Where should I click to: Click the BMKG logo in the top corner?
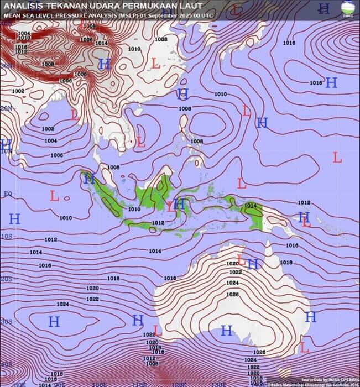click(347, 8)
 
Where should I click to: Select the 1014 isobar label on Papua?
click(250, 206)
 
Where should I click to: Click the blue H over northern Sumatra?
click(89, 179)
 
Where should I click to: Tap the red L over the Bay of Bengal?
click(75, 115)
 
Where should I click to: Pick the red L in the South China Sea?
click(141, 142)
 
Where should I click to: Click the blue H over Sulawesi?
click(179, 204)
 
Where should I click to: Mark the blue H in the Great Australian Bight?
click(226, 331)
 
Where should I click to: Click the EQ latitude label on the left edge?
click(8, 194)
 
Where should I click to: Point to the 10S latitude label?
click(6, 236)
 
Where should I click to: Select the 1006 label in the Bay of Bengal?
click(56, 155)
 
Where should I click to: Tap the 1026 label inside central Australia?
click(233, 294)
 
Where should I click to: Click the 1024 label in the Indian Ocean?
click(62, 304)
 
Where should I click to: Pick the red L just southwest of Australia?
click(158, 331)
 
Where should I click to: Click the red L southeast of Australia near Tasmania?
click(304, 348)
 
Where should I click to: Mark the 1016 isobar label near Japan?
click(289, 43)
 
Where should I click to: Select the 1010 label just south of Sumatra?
click(134, 209)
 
